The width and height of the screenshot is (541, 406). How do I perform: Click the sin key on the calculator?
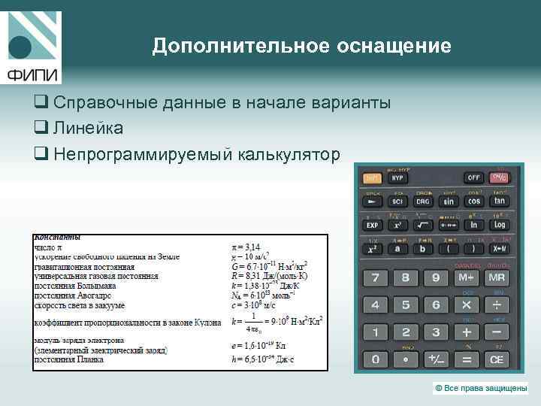[x=449, y=201]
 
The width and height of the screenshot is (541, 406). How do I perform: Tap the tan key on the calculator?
[x=499, y=201]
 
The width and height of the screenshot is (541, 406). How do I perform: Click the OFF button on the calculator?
[x=473, y=178]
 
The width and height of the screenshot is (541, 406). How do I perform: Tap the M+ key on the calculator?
[x=466, y=277]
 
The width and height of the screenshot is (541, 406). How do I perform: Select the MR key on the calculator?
[x=497, y=277]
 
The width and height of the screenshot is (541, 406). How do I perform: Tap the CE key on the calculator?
[x=497, y=360]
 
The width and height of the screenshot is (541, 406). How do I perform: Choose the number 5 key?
[x=405, y=305]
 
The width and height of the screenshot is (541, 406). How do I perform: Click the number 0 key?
[x=373, y=360]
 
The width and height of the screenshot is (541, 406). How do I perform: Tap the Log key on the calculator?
[x=499, y=225]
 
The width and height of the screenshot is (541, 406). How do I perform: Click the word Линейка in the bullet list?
[x=89, y=129]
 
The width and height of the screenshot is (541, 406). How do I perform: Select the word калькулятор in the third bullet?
[x=289, y=155]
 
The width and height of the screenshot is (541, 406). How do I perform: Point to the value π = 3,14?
[x=246, y=247]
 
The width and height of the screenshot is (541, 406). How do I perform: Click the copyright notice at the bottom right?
[x=480, y=388]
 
